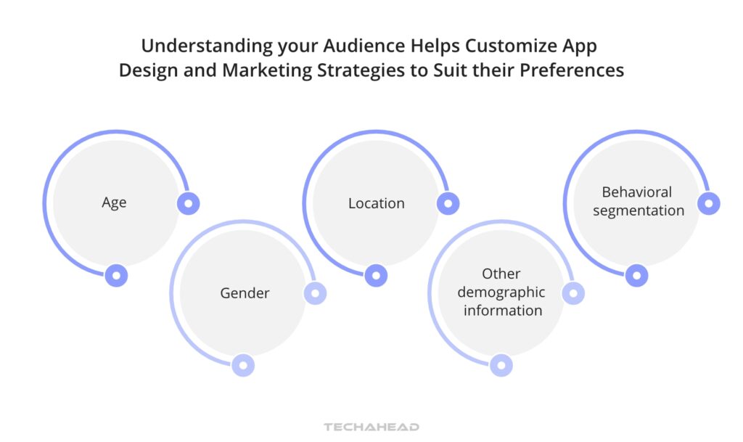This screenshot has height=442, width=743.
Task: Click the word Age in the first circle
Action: click(114, 203)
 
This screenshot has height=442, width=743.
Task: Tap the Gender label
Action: click(245, 293)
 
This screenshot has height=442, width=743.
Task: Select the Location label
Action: click(376, 203)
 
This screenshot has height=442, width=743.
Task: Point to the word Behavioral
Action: click(636, 192)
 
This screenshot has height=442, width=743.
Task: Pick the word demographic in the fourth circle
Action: click(501, 292)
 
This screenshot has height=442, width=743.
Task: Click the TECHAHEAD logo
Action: click(371, 427)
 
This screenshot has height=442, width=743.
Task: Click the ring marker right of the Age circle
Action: click(189, 204)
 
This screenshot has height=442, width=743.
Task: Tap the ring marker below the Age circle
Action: click(116, 275)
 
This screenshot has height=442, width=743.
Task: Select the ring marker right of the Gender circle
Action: click(315, 293)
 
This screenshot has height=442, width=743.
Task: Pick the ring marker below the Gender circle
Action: click(243, 365)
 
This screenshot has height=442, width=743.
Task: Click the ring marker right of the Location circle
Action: click(448, 204)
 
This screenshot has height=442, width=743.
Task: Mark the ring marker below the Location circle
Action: click(375, 275)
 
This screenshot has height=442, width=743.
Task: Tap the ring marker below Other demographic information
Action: click(501, 365)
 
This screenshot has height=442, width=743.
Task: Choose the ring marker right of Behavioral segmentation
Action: click(709, 204)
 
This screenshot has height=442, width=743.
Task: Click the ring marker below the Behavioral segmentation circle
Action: click(636, 275)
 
